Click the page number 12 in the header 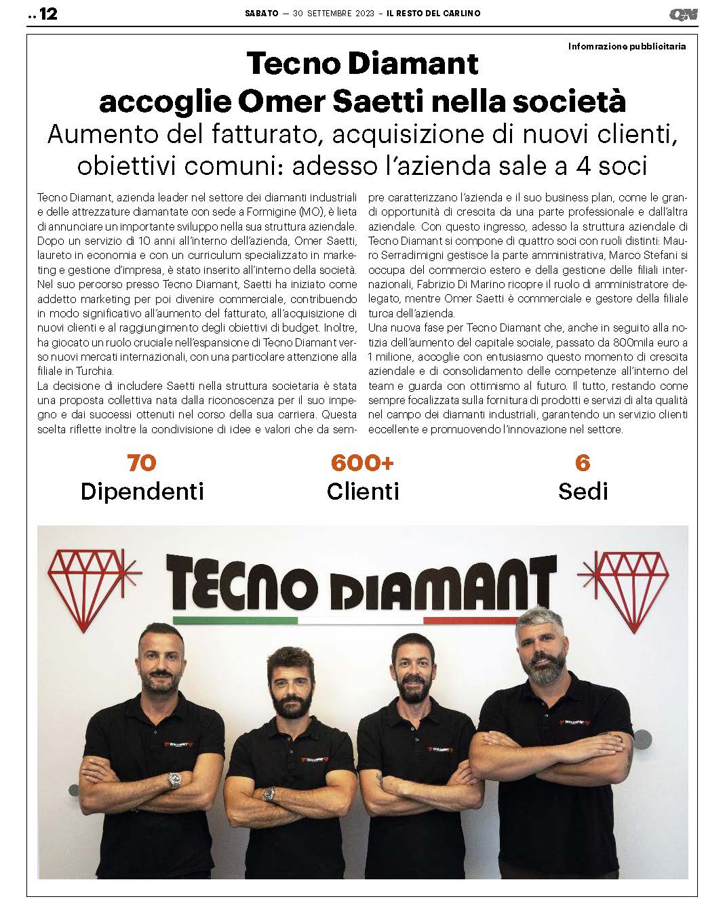point(47,14)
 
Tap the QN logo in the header point(683,14)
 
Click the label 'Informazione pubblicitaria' point(627,47)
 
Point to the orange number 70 point(142,462)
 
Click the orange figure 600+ point(362,462)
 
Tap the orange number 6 point(582,462)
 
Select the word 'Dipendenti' point(142,491)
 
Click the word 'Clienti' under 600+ point(363,491)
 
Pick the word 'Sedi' point(583,491)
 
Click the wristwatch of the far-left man point(175,780)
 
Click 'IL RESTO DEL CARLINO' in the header point(433,14)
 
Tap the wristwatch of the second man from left point(270,793)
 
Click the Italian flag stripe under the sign point(364,619)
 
